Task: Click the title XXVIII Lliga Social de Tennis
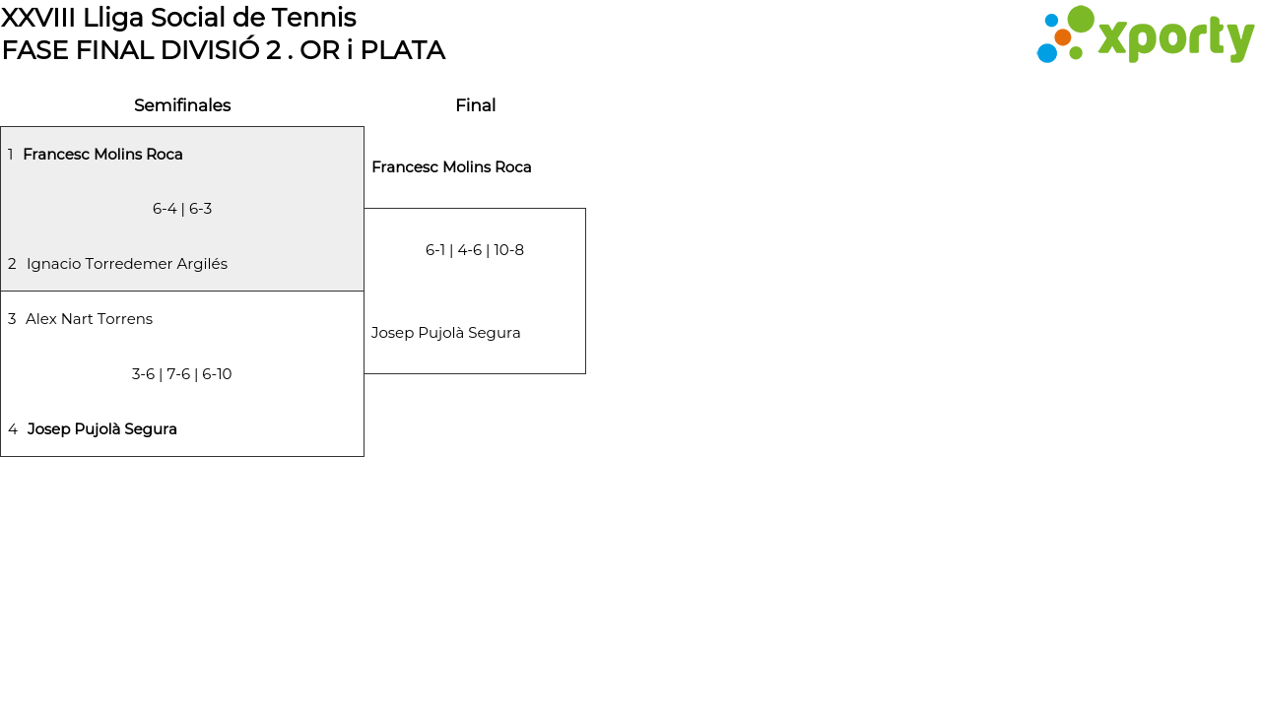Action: coord(178,17)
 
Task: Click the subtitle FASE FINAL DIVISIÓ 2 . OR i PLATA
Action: coord(224,50)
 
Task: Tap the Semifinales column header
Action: coord(182,105)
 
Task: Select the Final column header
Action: coord(475,105)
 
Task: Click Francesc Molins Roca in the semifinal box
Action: coord(102,155)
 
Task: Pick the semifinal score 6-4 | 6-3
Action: coord(182,209)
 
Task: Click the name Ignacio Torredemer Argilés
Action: coord(127,264)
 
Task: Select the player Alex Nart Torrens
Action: coord(89,319)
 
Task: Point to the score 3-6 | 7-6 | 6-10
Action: coord(182,374)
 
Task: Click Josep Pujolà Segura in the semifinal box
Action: coord(102,429)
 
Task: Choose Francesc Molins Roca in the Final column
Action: coord(451,167)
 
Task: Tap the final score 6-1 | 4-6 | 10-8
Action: coord(475,250)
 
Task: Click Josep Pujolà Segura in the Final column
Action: coord(445,333)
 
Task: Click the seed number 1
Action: coord(11,155)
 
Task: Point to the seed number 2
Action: coord(12,264)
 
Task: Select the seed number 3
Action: coord(12,319)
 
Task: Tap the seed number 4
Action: coord(13,429)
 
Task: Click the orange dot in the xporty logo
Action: coord(1063,37)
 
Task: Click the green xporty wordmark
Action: coord(1175,39)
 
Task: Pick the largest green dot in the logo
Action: coord(1081,20)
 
